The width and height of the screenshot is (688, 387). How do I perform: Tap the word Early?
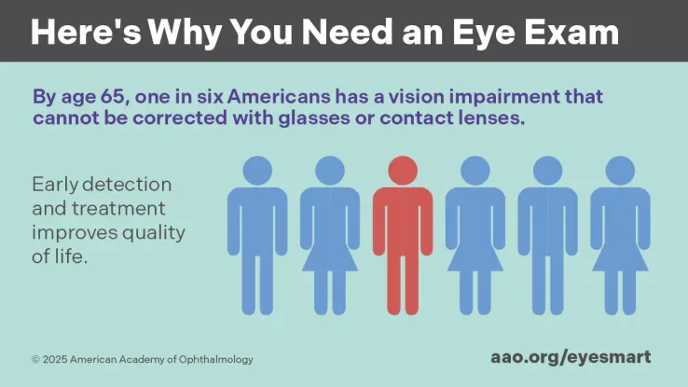point(55,184)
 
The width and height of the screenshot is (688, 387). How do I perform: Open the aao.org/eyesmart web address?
point(571,356)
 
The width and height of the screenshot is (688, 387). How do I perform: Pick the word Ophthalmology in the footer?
point(214,359)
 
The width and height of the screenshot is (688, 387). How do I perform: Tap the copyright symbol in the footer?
point(35,359)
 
